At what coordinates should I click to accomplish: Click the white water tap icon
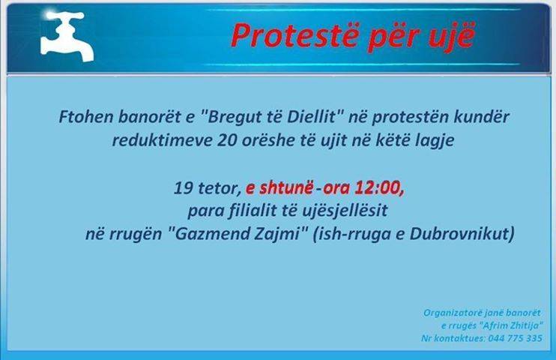67,36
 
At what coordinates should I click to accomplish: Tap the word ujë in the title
452,37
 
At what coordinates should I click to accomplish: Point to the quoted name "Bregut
232,117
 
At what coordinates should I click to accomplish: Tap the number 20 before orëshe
227,140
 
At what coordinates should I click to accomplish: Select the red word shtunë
286,187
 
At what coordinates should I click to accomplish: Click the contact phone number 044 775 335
515,338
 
